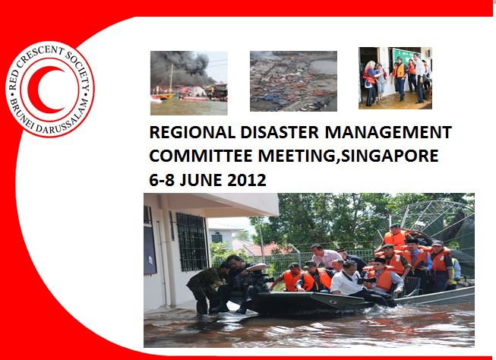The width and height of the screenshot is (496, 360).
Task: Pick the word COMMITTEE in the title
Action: [x=192, y=157]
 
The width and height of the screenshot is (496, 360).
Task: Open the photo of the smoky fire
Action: [x=188, y=76]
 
